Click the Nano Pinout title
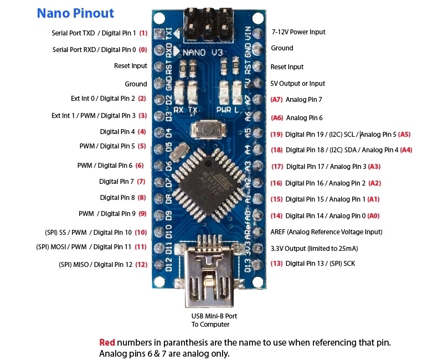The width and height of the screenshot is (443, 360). (x=75, y=13)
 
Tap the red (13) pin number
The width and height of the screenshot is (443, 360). (x=276, y=263)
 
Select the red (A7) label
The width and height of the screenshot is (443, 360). (x=277, y=100)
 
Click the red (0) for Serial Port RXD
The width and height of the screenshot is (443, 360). (x=143, y=49)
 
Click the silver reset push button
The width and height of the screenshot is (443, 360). (x=207, y=132)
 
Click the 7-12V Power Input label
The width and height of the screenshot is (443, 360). (x=298, y=32)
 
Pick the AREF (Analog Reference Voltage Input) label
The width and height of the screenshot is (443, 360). (x=326, y=232)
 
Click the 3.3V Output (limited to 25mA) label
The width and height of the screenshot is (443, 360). (x=313, y=248)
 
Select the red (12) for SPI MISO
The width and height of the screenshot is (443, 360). (x=142, y=265)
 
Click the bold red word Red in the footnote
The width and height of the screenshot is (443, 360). (x=107, y=342)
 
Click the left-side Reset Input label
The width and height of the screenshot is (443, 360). (x=131, y=66)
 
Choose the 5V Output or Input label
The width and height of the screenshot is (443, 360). (x=298, y=84)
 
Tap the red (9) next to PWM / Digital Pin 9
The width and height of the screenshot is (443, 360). (x=142, y=214)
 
